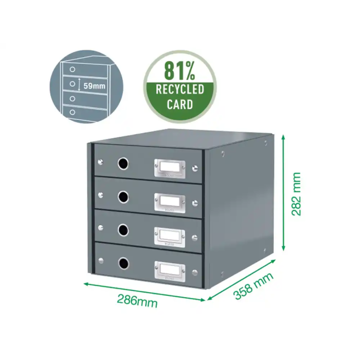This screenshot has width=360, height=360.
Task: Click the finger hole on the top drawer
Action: click(x=123, y=164)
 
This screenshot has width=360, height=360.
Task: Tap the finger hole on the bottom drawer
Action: click(x=123, y=264)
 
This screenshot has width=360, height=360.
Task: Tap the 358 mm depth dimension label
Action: click(x=254, y=287)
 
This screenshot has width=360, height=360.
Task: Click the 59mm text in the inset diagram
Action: click(x=95, y=86)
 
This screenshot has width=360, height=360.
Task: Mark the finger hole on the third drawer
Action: click(x=123, y=230)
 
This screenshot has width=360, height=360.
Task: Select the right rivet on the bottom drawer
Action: click(x=194, y=271)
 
